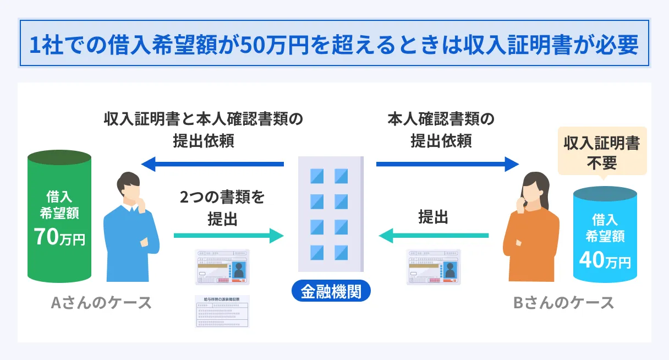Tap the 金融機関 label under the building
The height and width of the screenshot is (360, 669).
click(331, 291)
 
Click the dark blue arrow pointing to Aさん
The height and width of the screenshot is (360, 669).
click(212, 164)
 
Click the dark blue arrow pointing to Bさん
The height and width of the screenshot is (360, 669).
click(447, 164)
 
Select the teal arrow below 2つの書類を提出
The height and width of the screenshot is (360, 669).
click(228, 236)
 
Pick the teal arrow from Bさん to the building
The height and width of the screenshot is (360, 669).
click(433, 236)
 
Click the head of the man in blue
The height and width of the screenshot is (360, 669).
click(130, 187)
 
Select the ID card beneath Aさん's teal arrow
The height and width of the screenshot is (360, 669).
click(222, 267)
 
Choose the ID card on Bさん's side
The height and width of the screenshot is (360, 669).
click(433, 267)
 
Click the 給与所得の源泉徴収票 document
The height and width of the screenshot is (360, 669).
click(222, 312)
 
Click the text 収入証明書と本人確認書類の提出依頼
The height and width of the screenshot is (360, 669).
click(204, 129)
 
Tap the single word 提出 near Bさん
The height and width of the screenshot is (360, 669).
click(433, 217)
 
